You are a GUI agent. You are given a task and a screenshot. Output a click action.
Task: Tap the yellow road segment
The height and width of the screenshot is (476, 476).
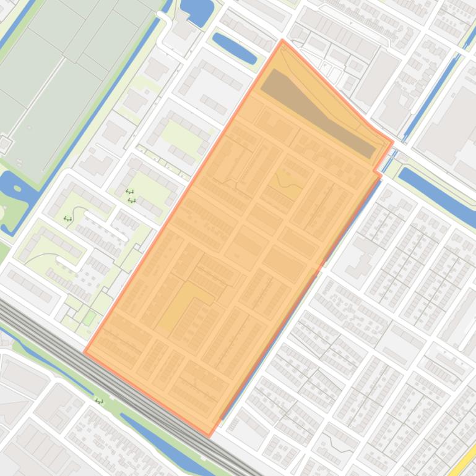(x=465, y=458)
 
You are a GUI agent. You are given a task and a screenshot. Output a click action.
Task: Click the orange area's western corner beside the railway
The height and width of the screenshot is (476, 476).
(x=85, y=353)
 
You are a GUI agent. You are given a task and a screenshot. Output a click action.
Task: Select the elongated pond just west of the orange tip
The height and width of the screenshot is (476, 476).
(x=234, y=48)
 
